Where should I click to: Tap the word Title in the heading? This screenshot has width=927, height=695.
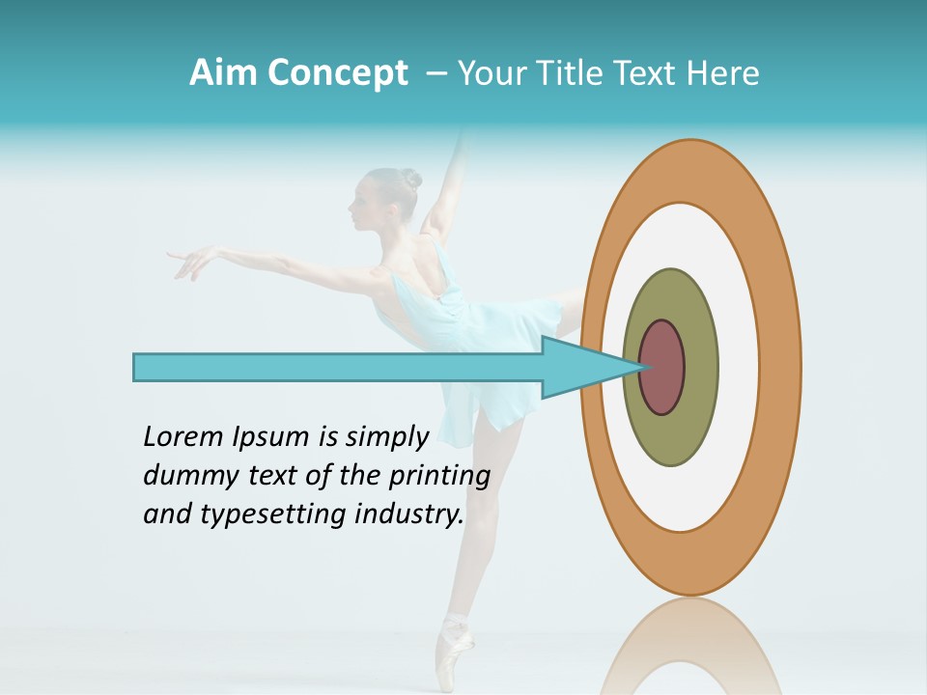[589, 73]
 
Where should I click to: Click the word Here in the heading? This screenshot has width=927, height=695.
[723, 73]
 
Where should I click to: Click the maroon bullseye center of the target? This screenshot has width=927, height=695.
[662, 367]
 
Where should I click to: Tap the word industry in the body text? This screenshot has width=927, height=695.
[411, 514]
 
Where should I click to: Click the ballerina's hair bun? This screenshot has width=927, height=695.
[411, 179]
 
